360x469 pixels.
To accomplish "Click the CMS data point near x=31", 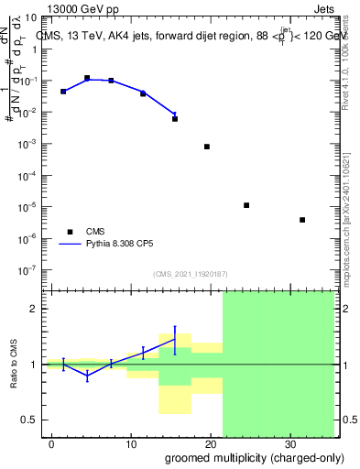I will click(302, 220).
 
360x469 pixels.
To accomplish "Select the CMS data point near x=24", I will click(246, 205).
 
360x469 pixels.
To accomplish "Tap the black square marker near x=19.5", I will click(207, 147).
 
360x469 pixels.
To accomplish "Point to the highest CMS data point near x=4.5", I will click(87, 79).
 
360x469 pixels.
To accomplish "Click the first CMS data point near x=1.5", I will click(63, 92).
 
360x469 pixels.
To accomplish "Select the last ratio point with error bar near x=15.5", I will click(175, 339).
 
